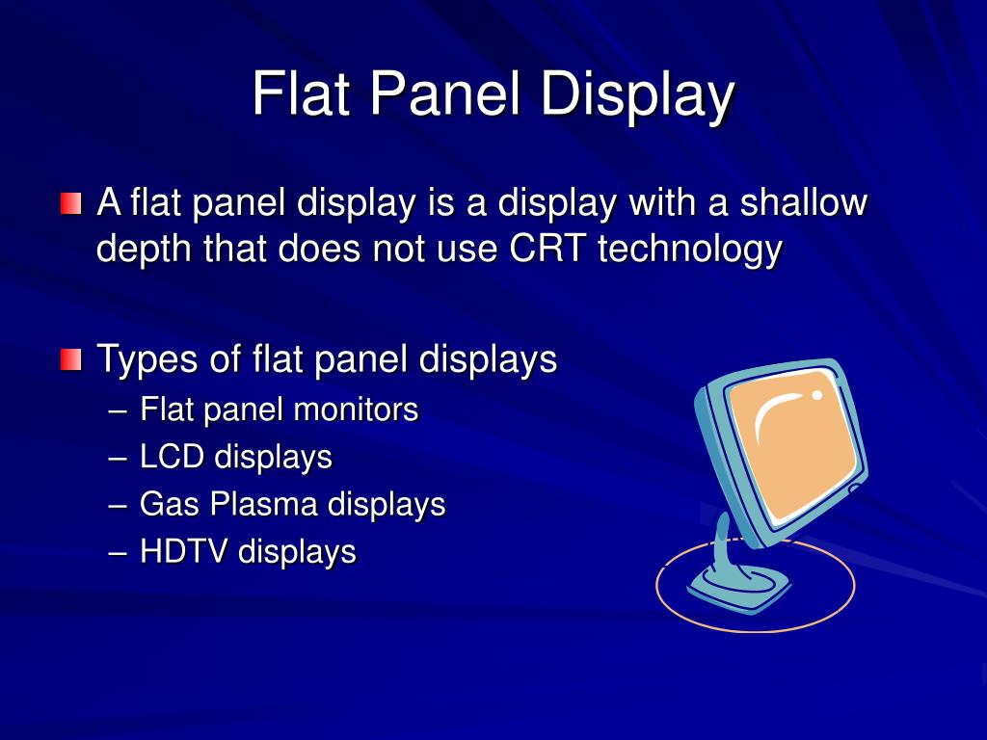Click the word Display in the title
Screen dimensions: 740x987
coord(637,94)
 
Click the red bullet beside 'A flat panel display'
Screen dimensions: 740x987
coord(70,204)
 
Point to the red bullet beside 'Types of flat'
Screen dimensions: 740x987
coord(70,361)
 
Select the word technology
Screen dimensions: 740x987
coord(689,250)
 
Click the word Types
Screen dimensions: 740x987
coord(147,360)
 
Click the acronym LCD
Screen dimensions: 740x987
coord(173,457)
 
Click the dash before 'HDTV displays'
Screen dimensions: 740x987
coord(118,552)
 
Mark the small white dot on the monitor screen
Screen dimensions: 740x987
coord(817,394)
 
